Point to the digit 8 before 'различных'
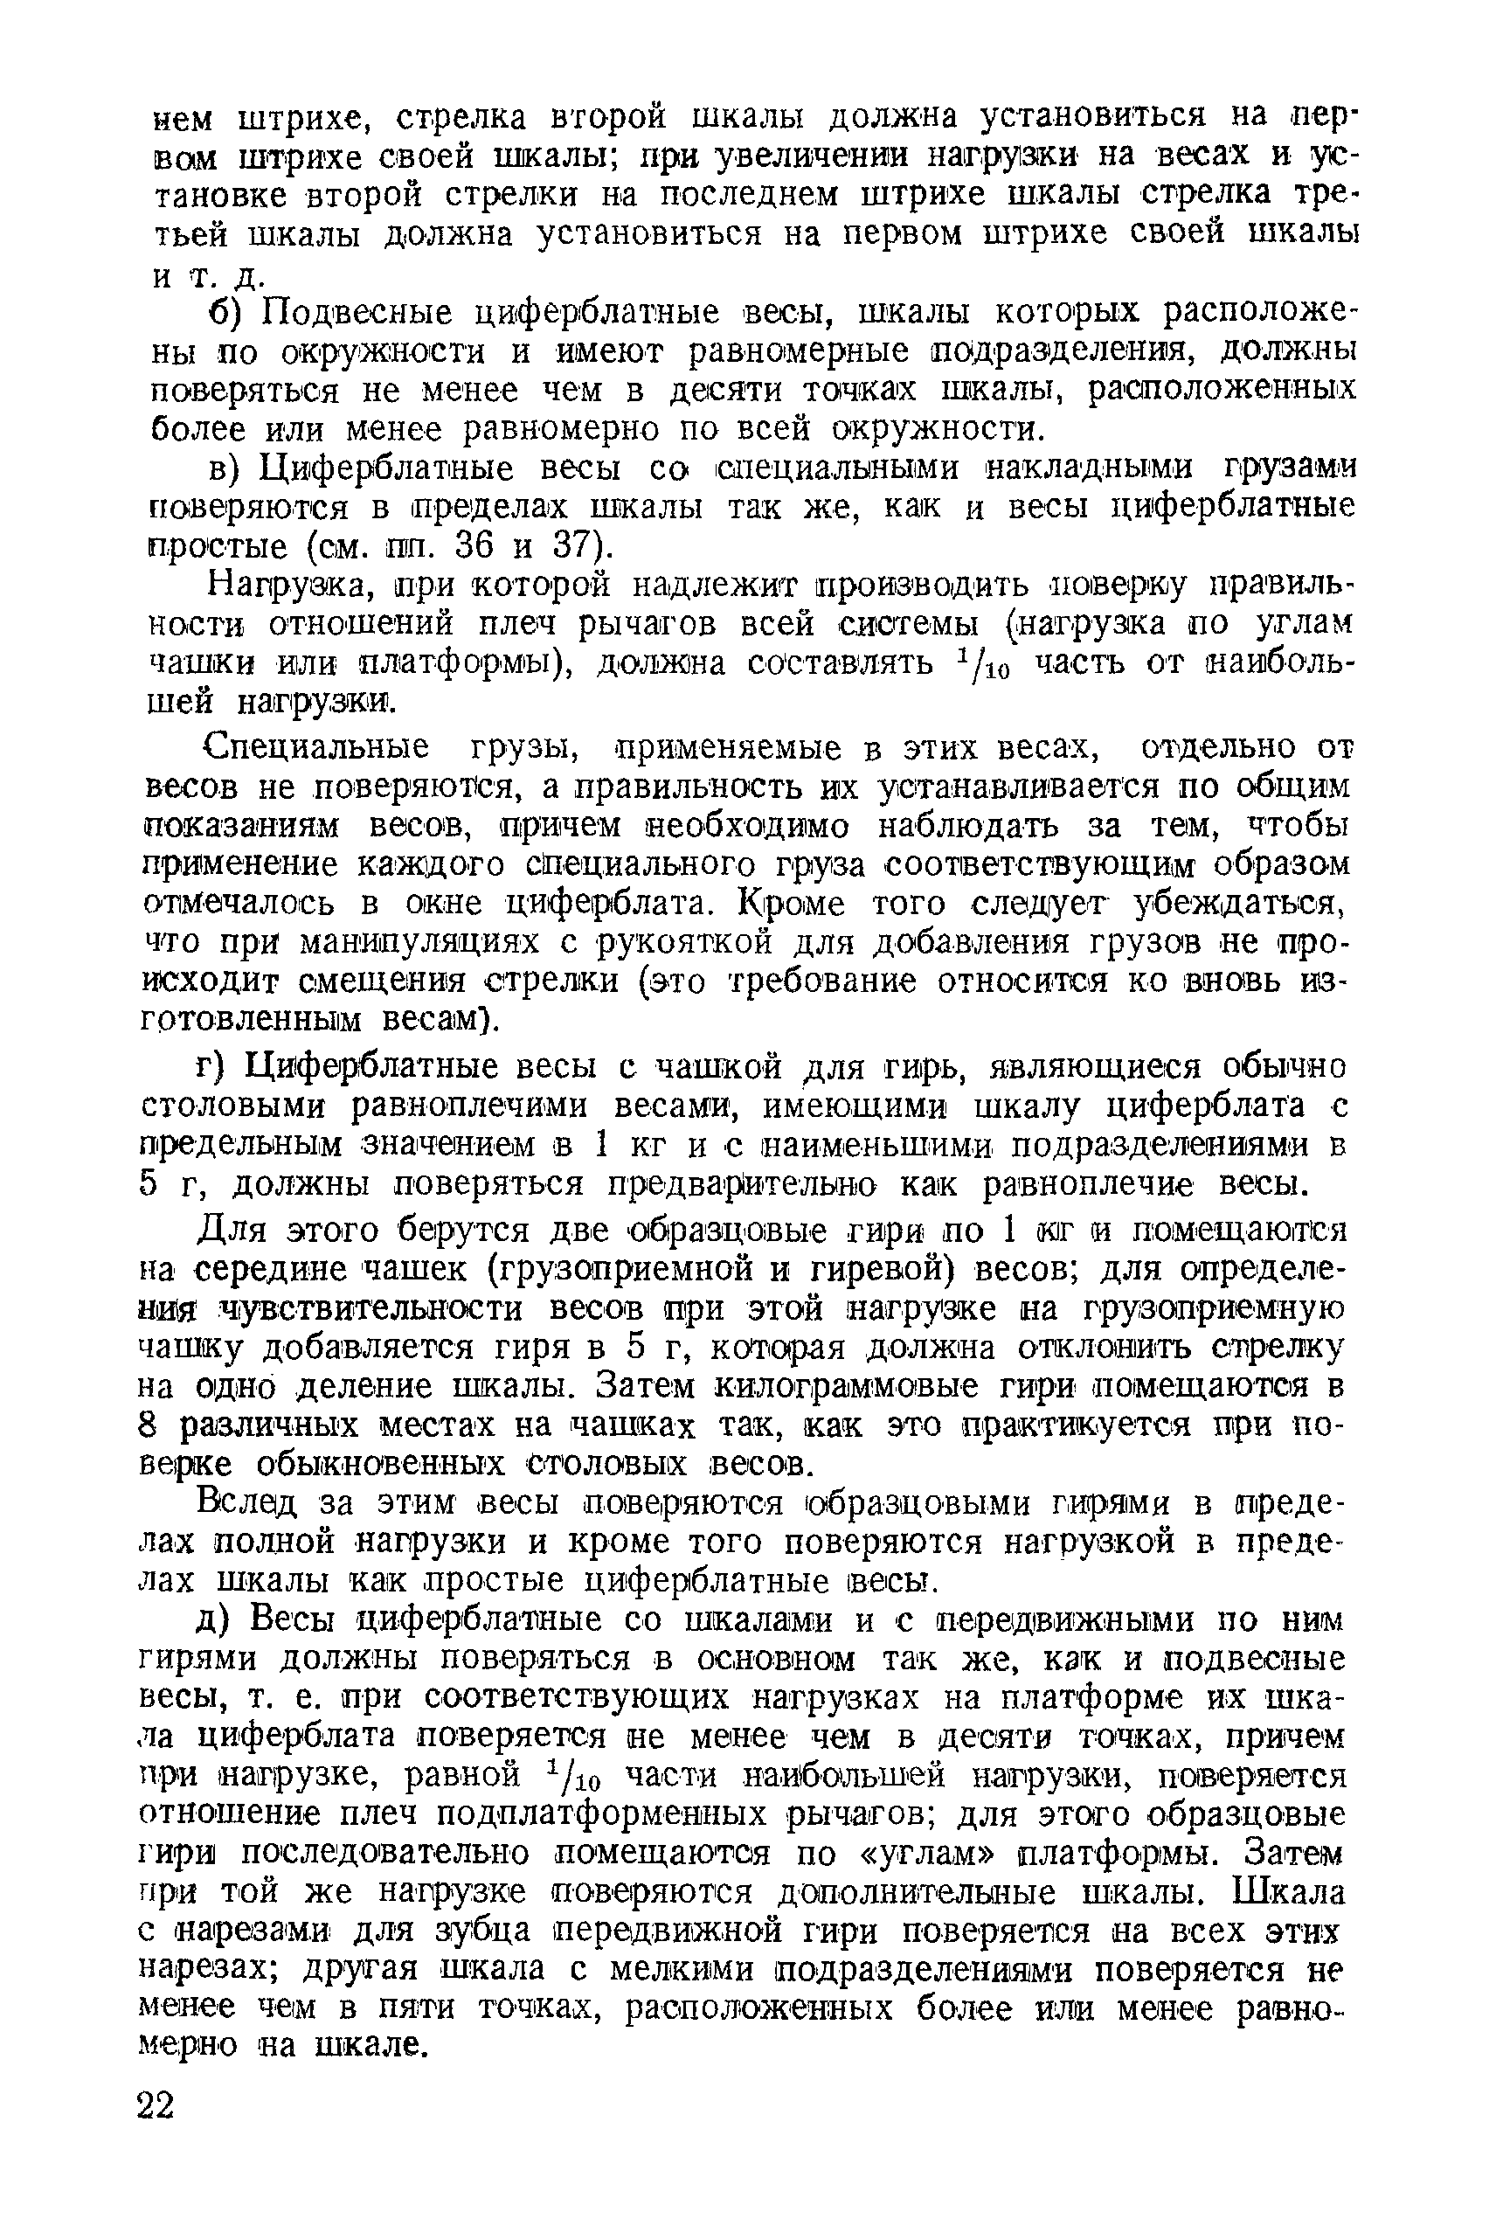pyautogui.click(x=148, y=1425)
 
